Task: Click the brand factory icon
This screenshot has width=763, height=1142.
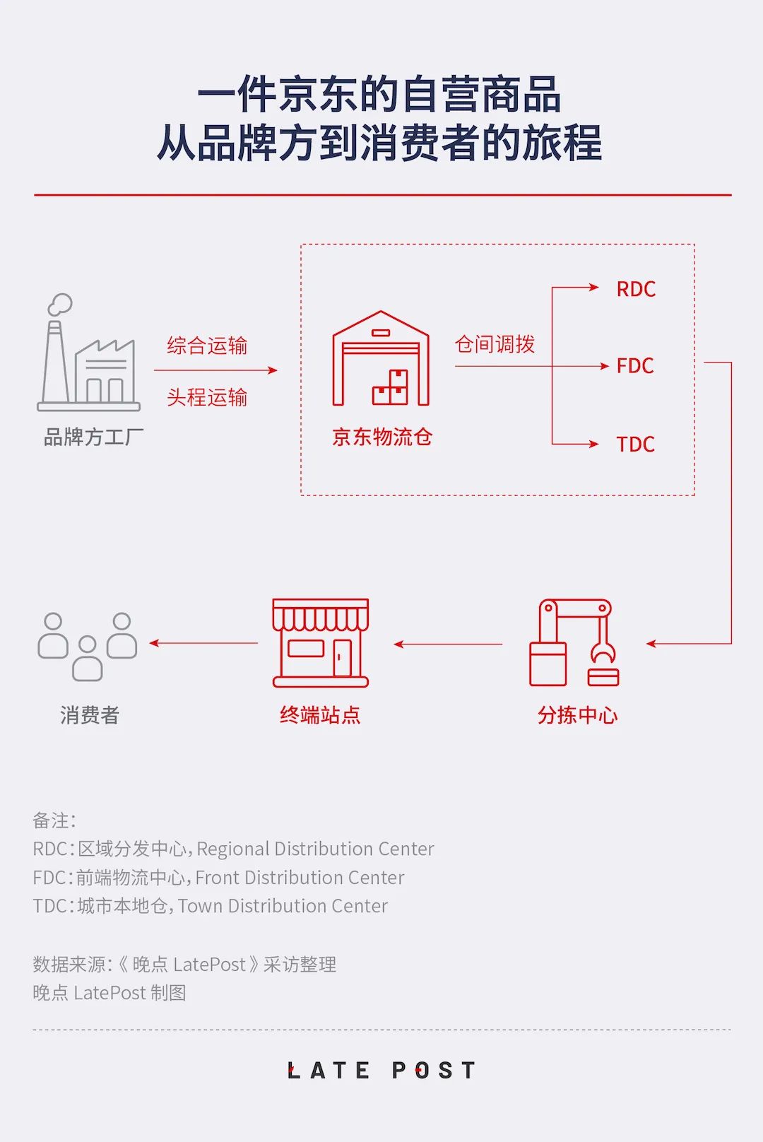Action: (x=89, y=353)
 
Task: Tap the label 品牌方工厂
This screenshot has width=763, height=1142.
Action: (x=93, y=437)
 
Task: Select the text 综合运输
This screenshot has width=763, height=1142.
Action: (x=207, y=346)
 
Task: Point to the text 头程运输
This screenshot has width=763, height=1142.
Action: (x=207, y=397)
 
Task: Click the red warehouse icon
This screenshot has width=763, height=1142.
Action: (x=381, y=358)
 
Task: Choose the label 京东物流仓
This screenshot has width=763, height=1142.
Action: (x=382, y=437)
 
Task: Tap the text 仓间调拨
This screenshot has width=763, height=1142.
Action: (x=495, y=344)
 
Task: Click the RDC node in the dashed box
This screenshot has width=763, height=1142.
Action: (x=636, y=289)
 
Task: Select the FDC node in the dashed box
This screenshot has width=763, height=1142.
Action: (x=635, y=366)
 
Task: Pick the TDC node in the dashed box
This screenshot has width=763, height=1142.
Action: (x=635, y=444)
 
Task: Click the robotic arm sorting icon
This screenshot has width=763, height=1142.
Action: (x=574, y=642)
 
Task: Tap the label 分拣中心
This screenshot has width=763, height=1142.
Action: (x=577, y=715)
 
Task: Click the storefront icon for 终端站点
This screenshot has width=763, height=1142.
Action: (x=321, y=643)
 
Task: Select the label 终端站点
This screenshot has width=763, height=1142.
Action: (x=320, y=715)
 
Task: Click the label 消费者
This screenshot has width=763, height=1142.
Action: (x=90, y=715)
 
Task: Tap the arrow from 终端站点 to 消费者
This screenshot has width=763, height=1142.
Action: (x=203, y=643)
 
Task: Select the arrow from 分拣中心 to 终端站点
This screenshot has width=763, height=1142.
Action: (x=448, y=644)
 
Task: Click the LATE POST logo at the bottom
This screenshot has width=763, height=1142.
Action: (x=381, y=1070)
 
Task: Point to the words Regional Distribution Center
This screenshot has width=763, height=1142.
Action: (x=315, y=848)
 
